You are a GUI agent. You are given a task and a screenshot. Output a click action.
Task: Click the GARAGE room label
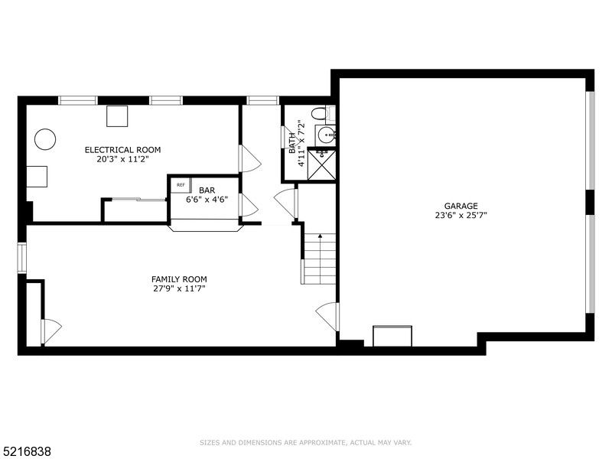(461, 206)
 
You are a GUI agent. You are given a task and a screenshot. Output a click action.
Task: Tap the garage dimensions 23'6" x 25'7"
(461, 216)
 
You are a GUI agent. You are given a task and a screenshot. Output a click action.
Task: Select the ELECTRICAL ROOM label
(122, 150)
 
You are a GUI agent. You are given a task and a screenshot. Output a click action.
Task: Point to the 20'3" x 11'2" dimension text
(122, 160)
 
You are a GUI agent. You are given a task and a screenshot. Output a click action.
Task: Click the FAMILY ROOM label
(178, 279)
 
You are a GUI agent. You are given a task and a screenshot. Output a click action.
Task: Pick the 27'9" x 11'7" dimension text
(178, 289)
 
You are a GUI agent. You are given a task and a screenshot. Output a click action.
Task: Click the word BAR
(207, 190)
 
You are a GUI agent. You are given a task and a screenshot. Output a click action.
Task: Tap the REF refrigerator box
(181, 185)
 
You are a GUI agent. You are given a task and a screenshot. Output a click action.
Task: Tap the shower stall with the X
(321, 164)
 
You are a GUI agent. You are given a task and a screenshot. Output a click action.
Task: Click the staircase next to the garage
(319, 259)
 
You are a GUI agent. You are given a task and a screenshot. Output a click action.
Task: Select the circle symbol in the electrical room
(44, 139)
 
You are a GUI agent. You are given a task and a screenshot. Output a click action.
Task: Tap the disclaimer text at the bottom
(306, 443)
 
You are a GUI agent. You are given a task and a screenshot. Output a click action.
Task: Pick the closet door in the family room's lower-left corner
(50, 330)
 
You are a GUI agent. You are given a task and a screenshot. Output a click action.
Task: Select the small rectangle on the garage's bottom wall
(392, 336)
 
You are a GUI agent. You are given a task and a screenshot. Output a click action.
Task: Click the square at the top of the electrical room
(117, 116)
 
